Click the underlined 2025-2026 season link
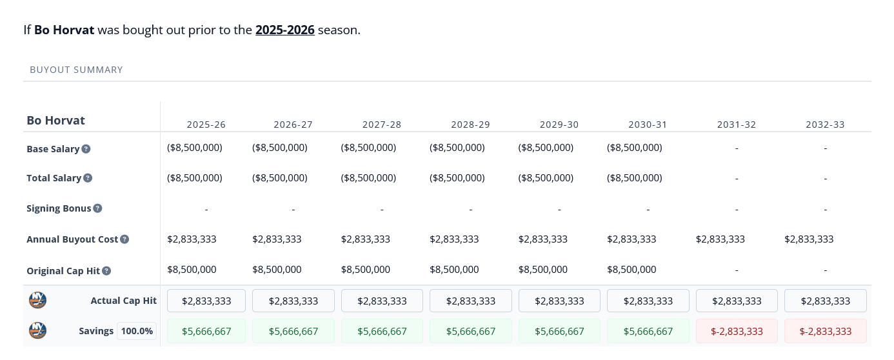284,30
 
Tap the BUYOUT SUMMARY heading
76,70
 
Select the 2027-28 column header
381,125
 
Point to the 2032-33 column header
825,125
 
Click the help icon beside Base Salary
86,149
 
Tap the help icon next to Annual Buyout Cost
124,239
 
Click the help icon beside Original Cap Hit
106,271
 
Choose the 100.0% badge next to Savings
137,331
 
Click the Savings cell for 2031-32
736,331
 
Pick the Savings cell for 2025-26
206,331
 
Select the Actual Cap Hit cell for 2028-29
470,301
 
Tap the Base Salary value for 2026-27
280,148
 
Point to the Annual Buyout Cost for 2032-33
809,239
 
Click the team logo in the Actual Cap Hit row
38,301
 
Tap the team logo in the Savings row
38,331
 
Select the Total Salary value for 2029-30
546,178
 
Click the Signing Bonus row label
59,208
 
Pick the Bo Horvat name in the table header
56,121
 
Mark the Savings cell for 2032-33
825,331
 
